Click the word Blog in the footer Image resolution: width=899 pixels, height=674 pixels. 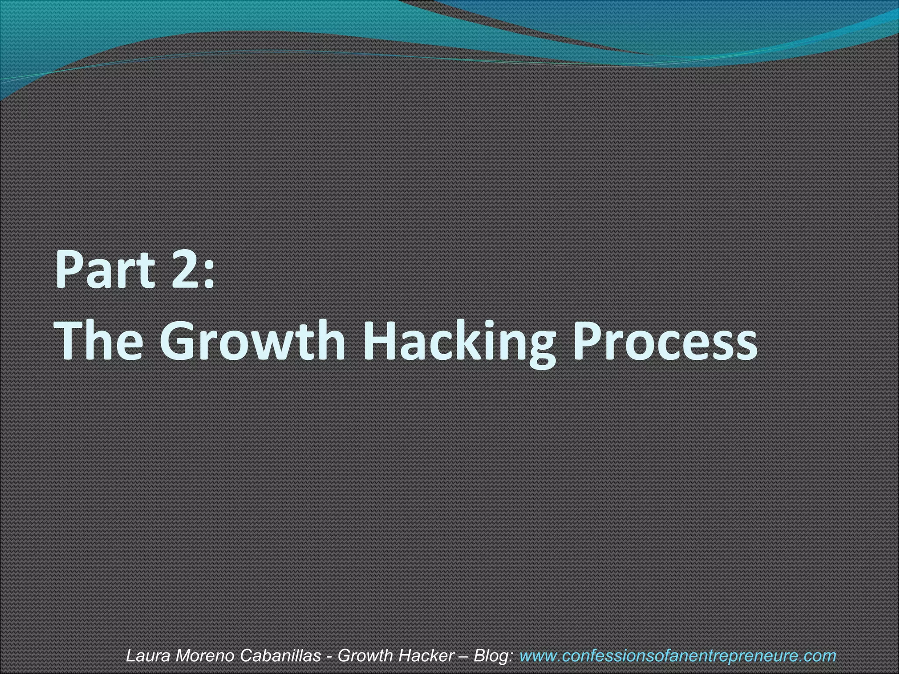click(493, 656)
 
